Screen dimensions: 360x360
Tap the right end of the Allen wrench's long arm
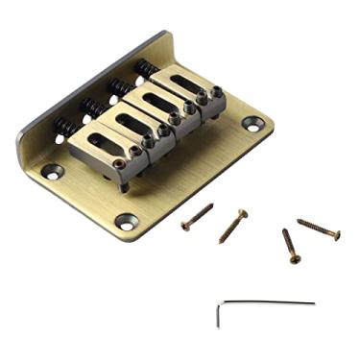[313, 303]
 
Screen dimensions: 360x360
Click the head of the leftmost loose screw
[185, 228]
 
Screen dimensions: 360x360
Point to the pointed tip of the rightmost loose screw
[299, 221]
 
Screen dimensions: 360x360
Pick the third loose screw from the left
[290, 245]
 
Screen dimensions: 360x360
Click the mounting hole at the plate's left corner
[53, 171]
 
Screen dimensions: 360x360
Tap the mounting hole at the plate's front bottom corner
[128, 222]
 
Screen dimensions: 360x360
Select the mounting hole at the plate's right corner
[252, 123]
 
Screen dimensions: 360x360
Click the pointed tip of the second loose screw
[220, 241]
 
